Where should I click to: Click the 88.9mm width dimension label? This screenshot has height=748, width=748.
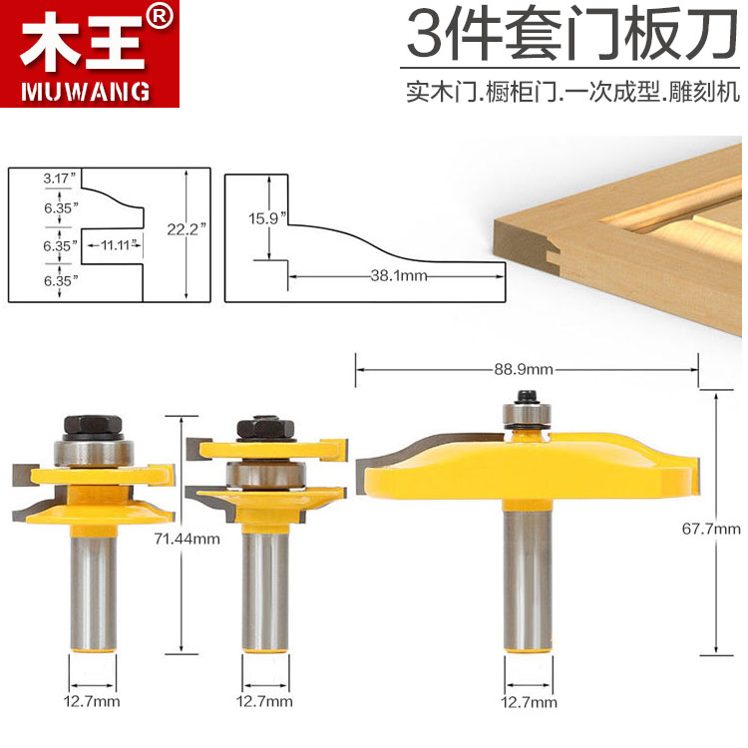(524, 370)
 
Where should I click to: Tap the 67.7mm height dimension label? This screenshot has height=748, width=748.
(711, 529)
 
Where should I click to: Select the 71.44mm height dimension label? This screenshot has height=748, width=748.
(187, 539)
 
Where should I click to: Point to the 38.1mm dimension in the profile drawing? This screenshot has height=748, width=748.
(399, 275)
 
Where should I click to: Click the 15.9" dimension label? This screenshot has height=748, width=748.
(267, 218)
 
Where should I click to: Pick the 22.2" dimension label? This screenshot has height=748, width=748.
(187, 229)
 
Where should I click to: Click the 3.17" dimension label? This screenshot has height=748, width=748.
(60, 179)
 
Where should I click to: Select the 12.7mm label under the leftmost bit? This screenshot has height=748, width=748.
(92, 702)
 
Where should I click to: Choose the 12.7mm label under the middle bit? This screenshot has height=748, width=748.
(264, 702)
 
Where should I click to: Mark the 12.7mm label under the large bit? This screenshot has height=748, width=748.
(529, 702)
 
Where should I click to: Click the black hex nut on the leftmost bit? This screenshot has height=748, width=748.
(93, 426)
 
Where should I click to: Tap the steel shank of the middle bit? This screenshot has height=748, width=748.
(265, 591)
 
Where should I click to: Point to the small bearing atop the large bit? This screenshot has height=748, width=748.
(527, 414)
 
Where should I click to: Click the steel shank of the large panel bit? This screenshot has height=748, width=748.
(529, 580)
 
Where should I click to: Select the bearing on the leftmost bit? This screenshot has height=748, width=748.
(94, 452)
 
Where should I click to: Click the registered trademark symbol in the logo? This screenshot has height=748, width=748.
(160, 18)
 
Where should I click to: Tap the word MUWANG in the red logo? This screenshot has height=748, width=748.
(85, 92)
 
